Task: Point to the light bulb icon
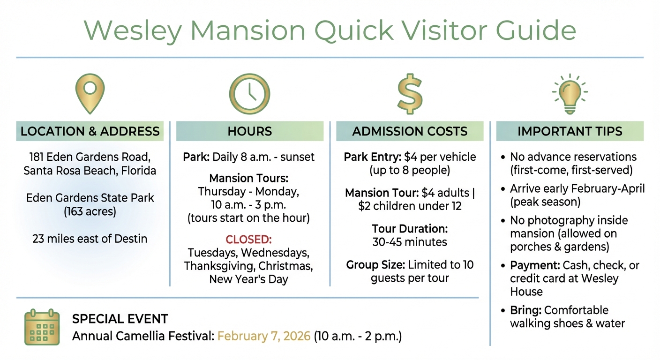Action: (x=570, y=93)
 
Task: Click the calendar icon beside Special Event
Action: (x=42, y=327)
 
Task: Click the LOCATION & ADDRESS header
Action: (x=90, y=131)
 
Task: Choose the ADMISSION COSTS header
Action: (x=410, y=131)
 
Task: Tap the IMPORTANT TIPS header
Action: (x=570, y=131)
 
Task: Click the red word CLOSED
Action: (x=249, y=240)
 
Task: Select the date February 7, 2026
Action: (x=264, y=336)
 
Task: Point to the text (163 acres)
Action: (x=90, y=211)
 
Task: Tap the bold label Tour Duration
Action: (x=410, y=229)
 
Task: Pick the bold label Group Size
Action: (x=375, y=265)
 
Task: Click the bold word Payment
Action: (x=535, y=265)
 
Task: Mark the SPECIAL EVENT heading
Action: (x=120, y=320)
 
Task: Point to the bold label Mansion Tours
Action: (x=249, y=179)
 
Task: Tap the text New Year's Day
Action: (x=249, y=279)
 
